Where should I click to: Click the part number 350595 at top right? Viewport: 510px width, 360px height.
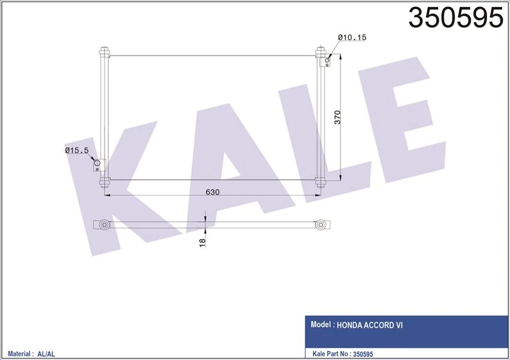click(x=455, y=18)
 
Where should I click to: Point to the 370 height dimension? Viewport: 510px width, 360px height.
click(x=339, y=118)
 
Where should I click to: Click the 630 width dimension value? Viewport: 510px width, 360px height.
click(x=213, y=193)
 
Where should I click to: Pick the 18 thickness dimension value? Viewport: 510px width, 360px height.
click(x=203, y=242)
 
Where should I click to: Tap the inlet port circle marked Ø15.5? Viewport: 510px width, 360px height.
click(x=98, y=164)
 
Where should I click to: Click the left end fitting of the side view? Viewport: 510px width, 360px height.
click(x=103, y=224)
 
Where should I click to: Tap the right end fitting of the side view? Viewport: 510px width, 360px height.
click(x=324, y=224)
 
